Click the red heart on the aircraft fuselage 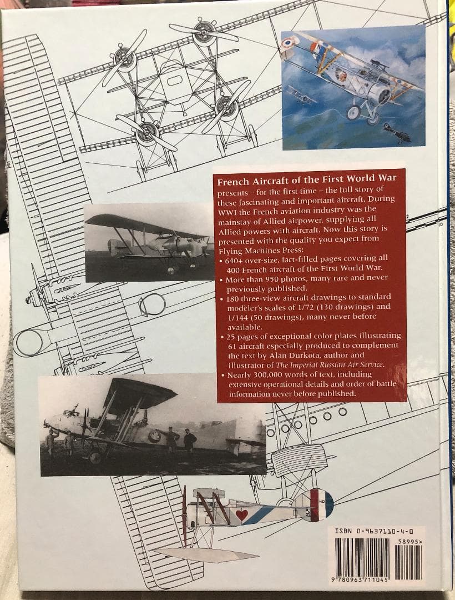[241, 514]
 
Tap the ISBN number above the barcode [374, 532]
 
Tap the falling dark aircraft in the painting [396, 132]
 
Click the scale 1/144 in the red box [231, 316]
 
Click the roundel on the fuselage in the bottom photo [154, 436]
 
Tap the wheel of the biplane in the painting [353, 113]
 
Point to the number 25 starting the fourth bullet [232, 336]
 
